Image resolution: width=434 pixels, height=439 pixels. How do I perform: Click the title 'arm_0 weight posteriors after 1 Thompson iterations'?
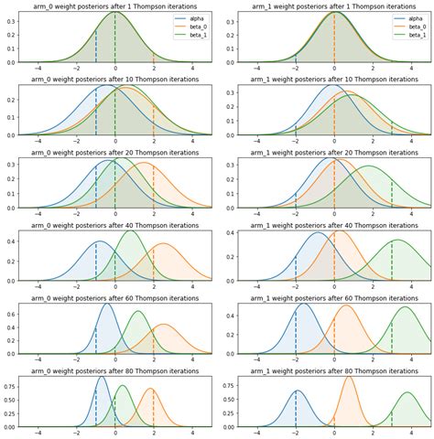[114, 6]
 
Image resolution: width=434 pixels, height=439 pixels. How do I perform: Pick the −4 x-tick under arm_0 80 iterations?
[38, 434]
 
